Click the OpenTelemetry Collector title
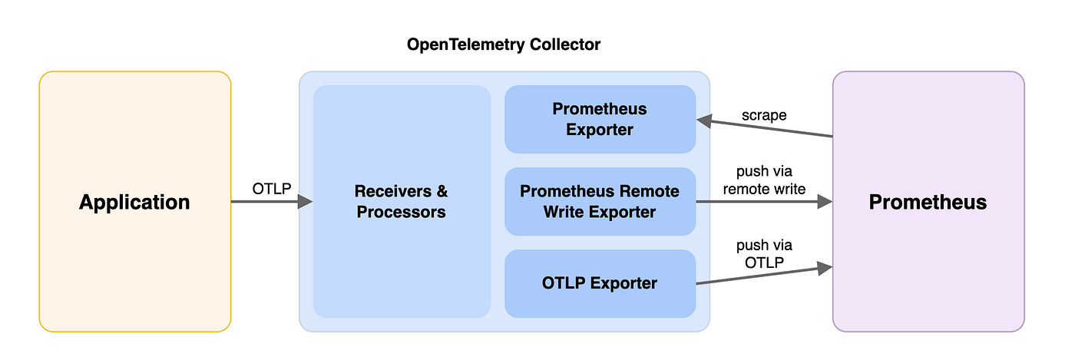click(504, 45)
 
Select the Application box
click(135, 202)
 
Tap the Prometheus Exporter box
click(600, 120)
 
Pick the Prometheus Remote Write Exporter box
click(600, 202)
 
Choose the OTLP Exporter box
click(600, 283)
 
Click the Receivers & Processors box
click(402, 202)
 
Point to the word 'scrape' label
click(764, 115)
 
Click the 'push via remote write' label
click(764, 180)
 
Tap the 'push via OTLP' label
click(764, 254)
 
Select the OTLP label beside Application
click(272, 189)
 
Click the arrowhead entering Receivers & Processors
click(306, 202)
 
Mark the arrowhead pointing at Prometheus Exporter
click(704, 121)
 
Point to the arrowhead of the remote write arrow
click(825, 202)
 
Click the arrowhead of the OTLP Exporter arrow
click(825, 268)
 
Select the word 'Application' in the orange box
click(134, 202)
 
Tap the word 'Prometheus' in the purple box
click(928, 202)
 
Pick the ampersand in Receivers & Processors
click(442, 191)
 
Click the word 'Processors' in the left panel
click(401, 212)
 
